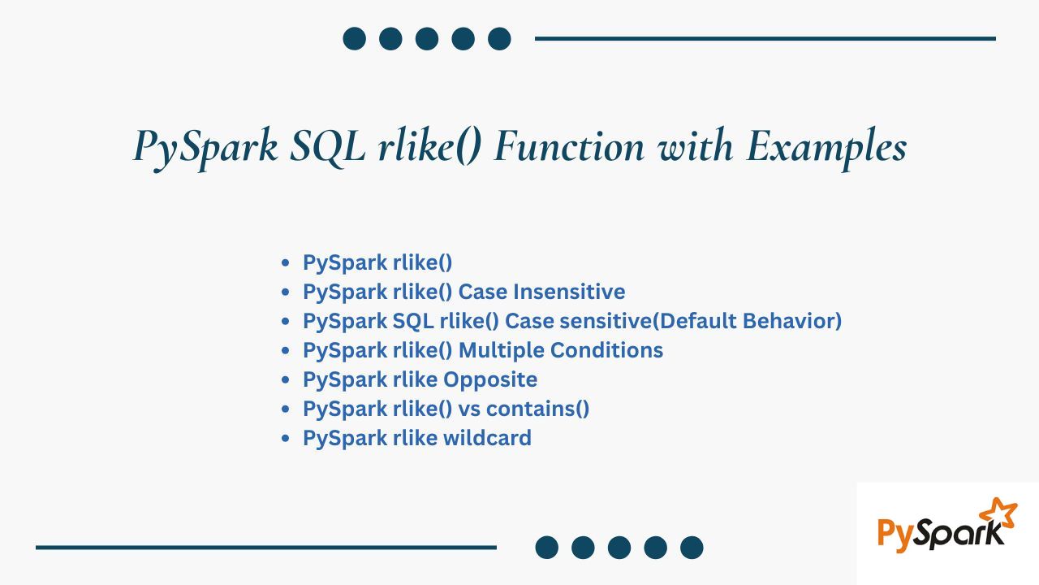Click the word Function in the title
569,145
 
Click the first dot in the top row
355,38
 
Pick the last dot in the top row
499,38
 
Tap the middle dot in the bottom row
619,548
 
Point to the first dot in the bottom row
547,548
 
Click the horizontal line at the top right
765,38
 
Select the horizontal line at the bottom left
266,548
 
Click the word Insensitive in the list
569,292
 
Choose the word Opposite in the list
490,380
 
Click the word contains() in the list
537,409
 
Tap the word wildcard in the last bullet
487,438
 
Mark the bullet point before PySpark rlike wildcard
285,438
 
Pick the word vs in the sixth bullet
469,409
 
